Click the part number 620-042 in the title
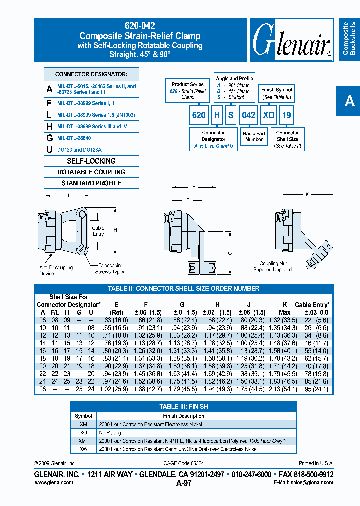140,26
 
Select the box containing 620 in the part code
199,115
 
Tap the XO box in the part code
269,115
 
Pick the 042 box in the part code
248,115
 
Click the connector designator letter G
49,138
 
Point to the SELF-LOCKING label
91,161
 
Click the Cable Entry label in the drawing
98,231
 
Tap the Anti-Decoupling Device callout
56,270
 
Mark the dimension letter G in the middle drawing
230,253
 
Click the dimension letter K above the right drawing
307,194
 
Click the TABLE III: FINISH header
184,406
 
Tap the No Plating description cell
108,433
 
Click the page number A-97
183,483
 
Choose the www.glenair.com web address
54,482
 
